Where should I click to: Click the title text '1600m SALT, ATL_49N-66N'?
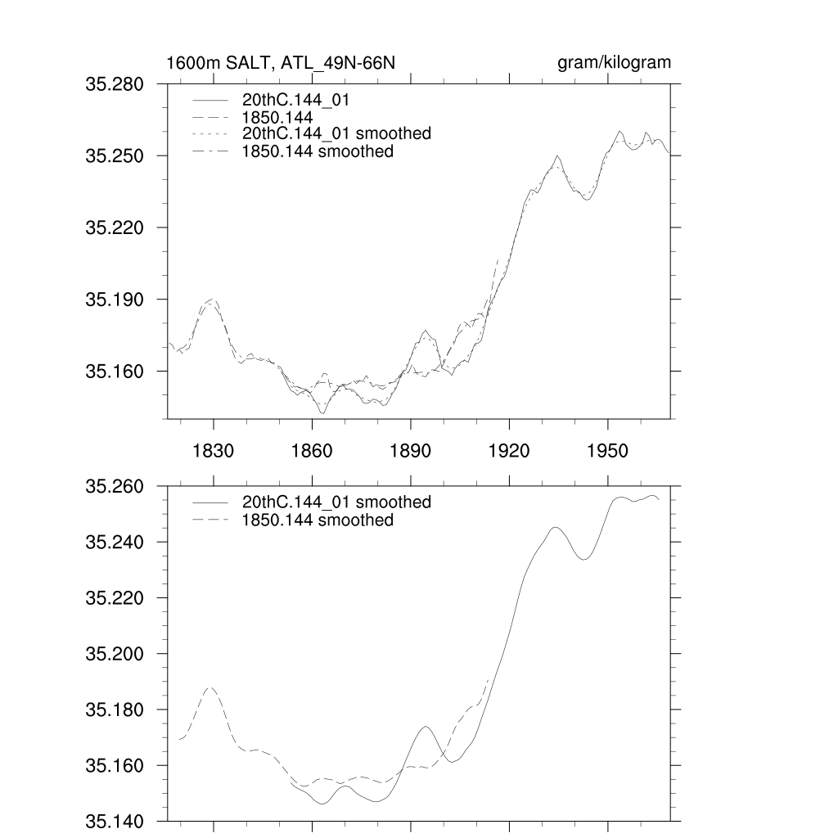pos(281,63)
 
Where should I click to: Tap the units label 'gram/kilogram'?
pos(614,63)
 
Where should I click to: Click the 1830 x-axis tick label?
pos(214,451)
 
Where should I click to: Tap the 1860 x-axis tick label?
pos(312,451)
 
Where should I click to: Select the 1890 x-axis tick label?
pos(411,451)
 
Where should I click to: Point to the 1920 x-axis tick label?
pos(509,451)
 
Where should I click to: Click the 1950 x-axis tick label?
pos(608,451)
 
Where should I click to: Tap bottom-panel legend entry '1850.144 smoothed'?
pos(318,520)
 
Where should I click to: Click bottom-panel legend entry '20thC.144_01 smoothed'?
pos(336,502)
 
